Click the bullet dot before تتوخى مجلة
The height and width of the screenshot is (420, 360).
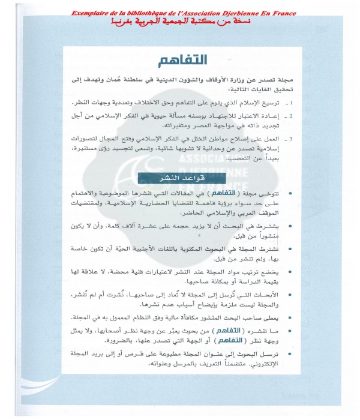[308, 196]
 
